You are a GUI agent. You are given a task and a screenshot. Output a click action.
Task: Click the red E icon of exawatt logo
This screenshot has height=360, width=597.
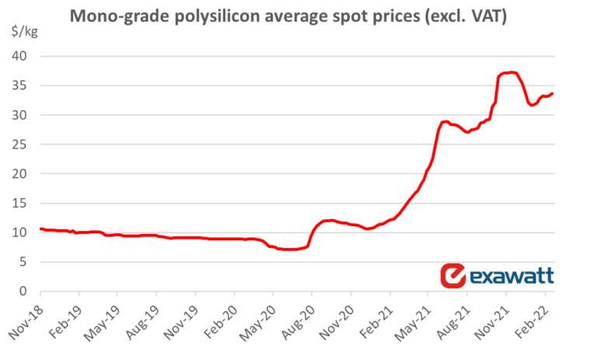pos(452,275)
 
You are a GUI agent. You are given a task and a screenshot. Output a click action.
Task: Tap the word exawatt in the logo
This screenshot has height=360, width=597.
pos(510,276)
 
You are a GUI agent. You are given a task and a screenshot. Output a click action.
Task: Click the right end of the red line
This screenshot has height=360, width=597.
pos(552,93)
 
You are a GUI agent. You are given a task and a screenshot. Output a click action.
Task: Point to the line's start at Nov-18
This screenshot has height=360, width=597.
pos(40,229)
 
